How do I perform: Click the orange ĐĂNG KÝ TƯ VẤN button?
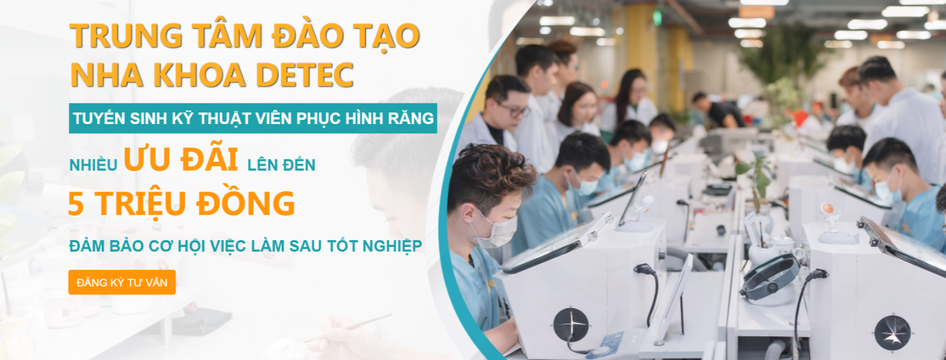(122, 282)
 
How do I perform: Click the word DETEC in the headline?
(305, 75)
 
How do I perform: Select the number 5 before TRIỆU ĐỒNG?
(76, 204)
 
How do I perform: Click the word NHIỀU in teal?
(93, 166)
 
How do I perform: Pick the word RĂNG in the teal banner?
(411, 118)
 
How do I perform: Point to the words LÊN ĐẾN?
(281, 166)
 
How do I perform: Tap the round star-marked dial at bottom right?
(892, 333)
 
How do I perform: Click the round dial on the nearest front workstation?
(570, 324)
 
